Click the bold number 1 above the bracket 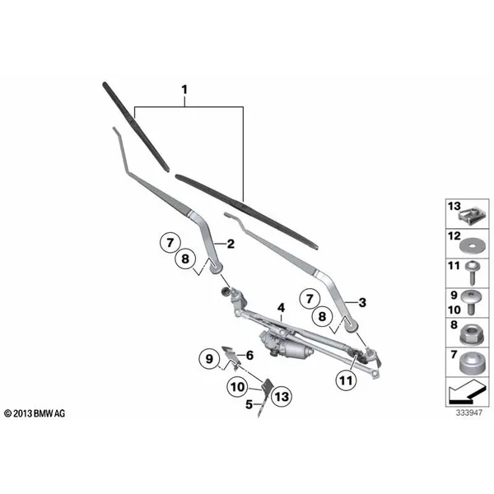[184, 90]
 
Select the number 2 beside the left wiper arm [231, 244]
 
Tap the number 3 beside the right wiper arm [362, 302]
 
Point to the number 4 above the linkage [281, 308]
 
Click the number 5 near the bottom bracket [249, 404]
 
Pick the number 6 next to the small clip [249, 356]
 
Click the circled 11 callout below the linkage [346, 380]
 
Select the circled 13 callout [282, 397]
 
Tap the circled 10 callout [238, 387]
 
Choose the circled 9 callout [209, 359]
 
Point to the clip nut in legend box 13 [470, 215]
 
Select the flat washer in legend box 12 [471, 245]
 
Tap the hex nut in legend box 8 [470, 334]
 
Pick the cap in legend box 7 [471, 363]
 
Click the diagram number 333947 [468, 412]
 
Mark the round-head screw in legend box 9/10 [471, 302]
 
